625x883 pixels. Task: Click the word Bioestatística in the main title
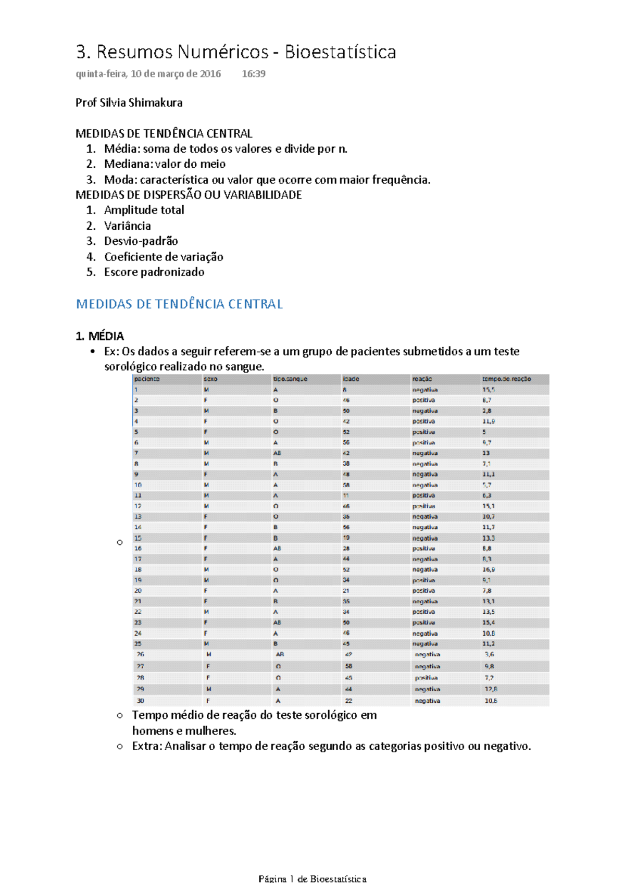340,52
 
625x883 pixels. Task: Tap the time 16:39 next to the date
254,74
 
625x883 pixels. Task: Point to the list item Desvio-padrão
141,241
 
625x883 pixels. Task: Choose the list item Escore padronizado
154,272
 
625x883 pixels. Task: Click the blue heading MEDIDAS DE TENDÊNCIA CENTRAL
179,304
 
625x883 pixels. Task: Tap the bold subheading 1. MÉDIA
100,336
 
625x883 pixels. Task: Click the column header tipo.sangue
290,379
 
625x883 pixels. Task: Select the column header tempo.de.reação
506,379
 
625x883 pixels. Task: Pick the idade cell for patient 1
344,390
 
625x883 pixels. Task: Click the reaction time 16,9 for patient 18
489,569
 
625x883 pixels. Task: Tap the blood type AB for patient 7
277,453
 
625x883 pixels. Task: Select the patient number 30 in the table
140,701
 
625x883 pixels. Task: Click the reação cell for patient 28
426,678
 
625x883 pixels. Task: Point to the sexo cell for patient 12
206,506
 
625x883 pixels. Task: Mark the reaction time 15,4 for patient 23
489,623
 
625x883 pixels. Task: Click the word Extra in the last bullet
147,747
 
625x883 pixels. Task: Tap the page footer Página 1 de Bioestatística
312,878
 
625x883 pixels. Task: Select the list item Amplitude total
144,210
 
